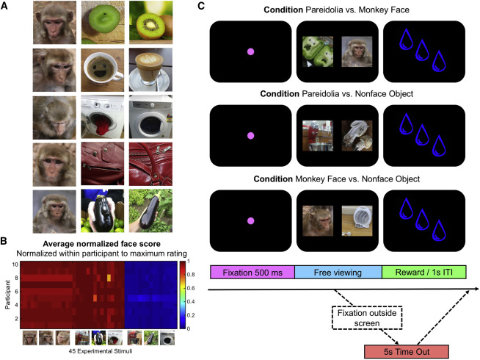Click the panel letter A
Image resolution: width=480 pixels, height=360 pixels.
[x=6, y=7]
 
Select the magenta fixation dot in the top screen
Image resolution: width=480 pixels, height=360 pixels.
[x=250, y=51]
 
